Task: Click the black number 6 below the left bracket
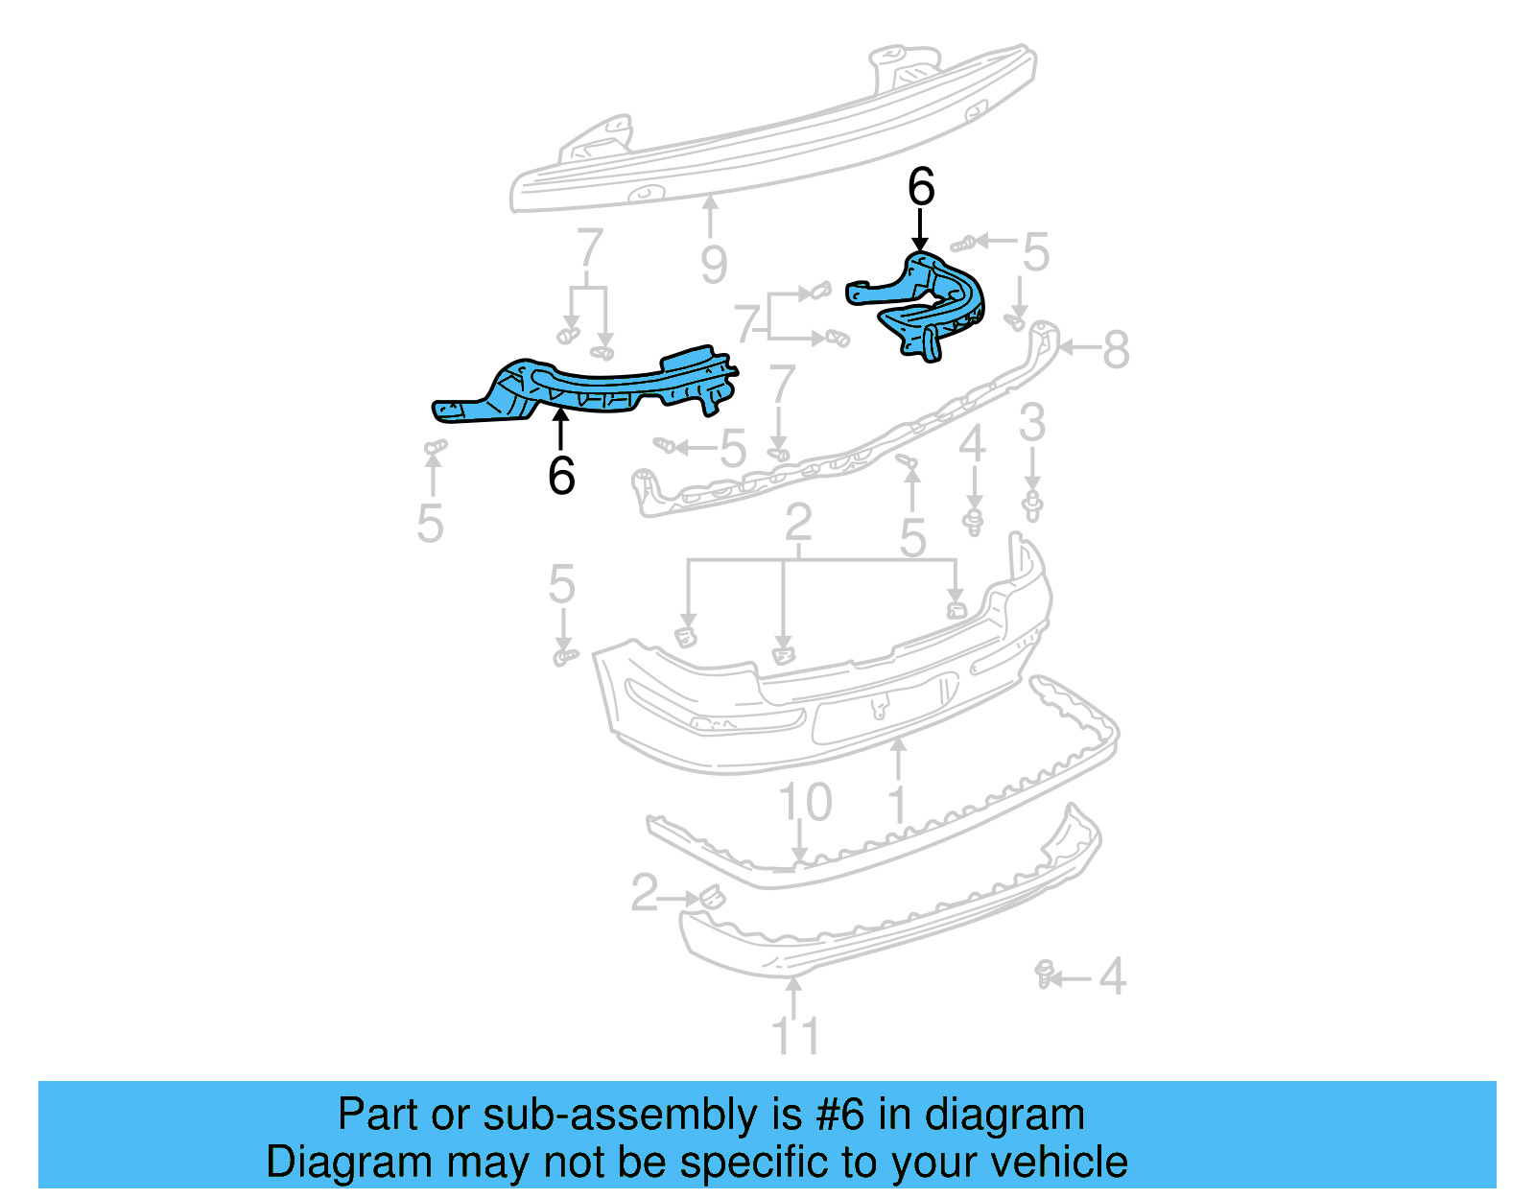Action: coord(561,475)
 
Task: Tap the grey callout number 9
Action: coord(713,265)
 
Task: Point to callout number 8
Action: coord(1115,350)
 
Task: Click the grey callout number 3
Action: coord(1031,423)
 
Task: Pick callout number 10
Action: coord(804,803)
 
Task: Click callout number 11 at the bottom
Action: coord(795,1036)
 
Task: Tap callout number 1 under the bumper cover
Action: coord(898,804)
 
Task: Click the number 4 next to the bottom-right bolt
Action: coord(1111,977)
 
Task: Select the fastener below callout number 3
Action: coord(1032,505)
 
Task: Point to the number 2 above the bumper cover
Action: coord(798,524)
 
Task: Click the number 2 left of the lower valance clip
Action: coord(645,892)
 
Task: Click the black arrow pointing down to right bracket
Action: coord(920,230)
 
